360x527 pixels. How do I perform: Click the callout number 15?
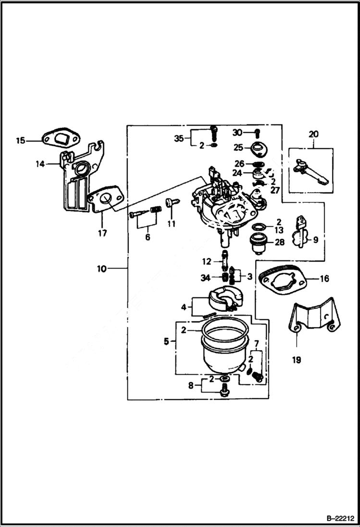[20, 141]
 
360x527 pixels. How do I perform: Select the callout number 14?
[40, 164]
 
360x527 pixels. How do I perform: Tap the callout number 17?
[102, 233]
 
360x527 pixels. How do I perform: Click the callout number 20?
[313, 135]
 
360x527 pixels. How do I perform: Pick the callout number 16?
[324, 279]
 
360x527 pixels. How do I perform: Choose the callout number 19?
[297, 359]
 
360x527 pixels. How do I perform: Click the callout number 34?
[205, 278]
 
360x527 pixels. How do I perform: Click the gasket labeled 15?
[59, 139]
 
